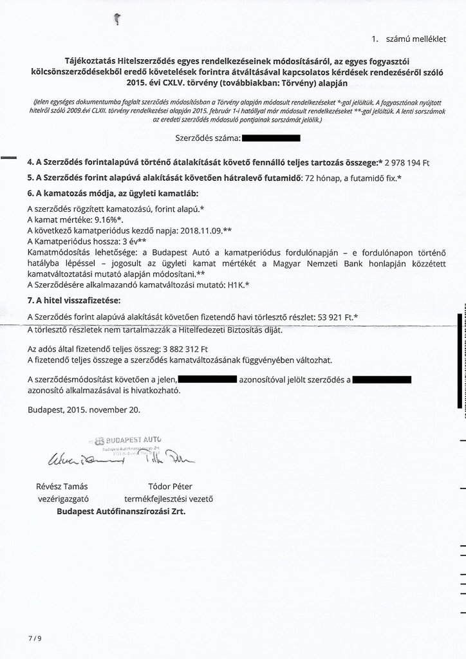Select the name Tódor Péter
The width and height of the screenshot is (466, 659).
[170, 487]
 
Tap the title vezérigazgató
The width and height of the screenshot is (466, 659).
[64, 499]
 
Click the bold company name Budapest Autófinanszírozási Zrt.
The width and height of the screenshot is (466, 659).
[124, 512]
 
